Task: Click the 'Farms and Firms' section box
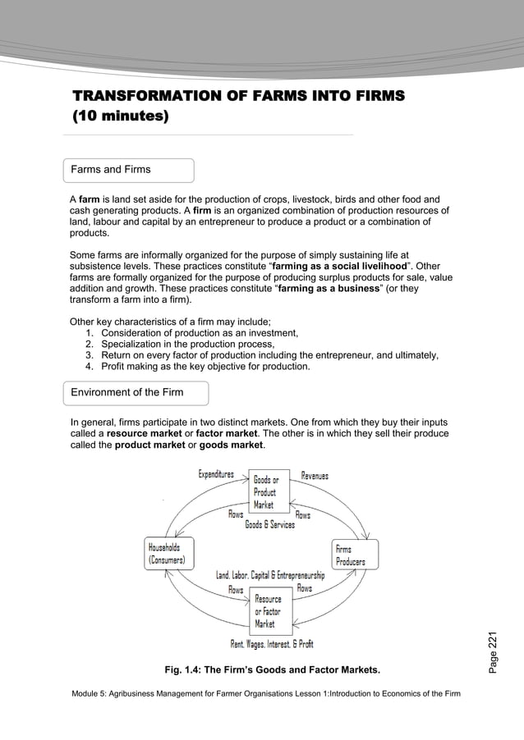129,171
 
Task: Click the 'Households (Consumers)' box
170,553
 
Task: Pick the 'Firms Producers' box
355,554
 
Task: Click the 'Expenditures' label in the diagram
216,474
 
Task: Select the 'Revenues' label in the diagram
315,475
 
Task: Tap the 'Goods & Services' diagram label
270,525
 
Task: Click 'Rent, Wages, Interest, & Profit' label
272,644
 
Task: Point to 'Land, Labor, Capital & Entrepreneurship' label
270,575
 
